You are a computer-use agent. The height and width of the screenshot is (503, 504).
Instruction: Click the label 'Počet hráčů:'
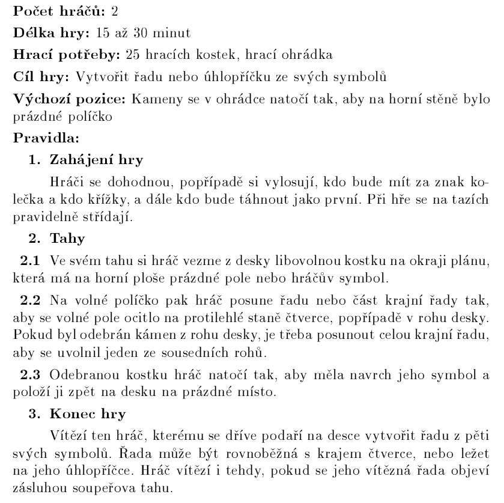(x=59, y=11)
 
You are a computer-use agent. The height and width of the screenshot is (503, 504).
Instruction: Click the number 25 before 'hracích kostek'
(x=133, y=55)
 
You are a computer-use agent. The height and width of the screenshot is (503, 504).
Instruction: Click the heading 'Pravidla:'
(x=46, y=138)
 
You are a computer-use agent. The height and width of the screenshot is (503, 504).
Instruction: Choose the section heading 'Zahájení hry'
(x=97, y=160)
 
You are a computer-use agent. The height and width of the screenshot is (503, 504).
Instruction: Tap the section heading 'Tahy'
(x=68, y=239)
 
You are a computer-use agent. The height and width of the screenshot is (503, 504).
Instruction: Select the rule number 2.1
(x=30, y=261)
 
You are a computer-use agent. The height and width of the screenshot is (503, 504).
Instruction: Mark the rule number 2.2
(x=30, y=299)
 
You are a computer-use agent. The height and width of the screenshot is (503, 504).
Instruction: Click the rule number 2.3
(x=30, y=376)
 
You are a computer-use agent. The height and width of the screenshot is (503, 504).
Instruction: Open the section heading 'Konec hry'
(x=88, y=415)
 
